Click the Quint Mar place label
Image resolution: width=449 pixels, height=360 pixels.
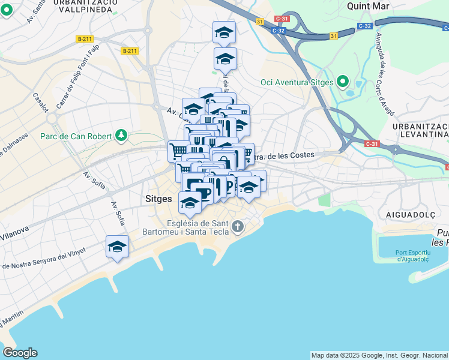368,6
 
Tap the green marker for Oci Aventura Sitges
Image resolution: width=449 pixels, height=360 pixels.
343,81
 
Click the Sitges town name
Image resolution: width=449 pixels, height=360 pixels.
158,198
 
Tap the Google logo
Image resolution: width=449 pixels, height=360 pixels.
20,353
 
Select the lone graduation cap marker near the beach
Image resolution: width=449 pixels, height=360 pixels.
117,246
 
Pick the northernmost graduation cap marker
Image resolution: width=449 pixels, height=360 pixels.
224,32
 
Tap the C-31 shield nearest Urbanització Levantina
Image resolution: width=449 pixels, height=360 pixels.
371,143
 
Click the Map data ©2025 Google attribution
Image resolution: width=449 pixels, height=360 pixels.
379,355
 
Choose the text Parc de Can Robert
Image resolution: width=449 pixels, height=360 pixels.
76,136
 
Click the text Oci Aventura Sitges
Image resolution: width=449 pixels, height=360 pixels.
297,82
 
